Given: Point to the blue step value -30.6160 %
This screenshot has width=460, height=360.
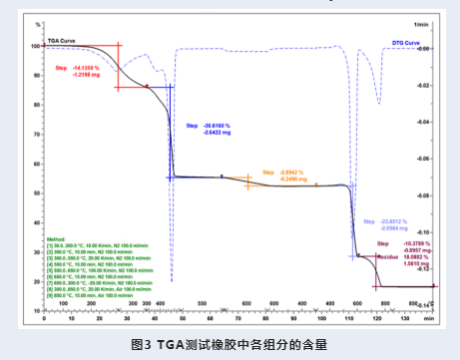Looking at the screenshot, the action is [218, 125].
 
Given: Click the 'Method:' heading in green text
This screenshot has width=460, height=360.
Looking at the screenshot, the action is [56, 240].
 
